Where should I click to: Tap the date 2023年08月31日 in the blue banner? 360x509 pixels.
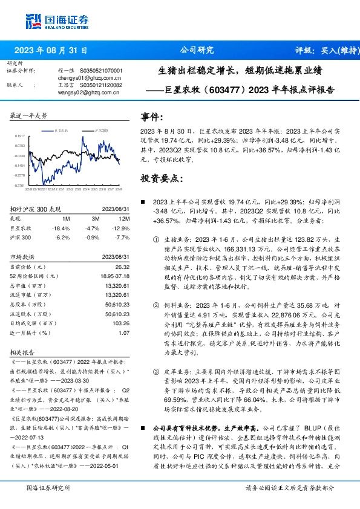[51, 50]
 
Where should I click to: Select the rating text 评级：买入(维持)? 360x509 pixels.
[321, 50]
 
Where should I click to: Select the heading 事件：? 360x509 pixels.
[152, 116]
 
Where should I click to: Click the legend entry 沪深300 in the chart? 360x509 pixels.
[101, 131]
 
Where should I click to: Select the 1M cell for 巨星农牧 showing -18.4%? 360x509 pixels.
[62, 229]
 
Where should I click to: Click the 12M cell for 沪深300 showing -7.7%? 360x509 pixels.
[122, 237]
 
